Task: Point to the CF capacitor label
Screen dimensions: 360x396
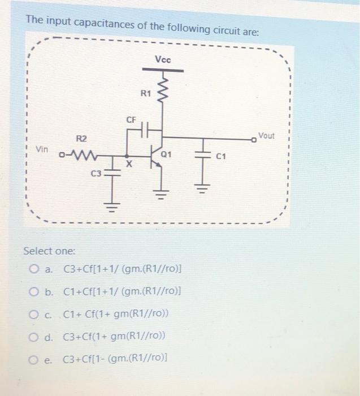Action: [131, 120]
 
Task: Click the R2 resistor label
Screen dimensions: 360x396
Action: [81, 139]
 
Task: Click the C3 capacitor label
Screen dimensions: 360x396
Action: [97, 173]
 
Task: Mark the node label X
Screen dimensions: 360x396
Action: [129, 165]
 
